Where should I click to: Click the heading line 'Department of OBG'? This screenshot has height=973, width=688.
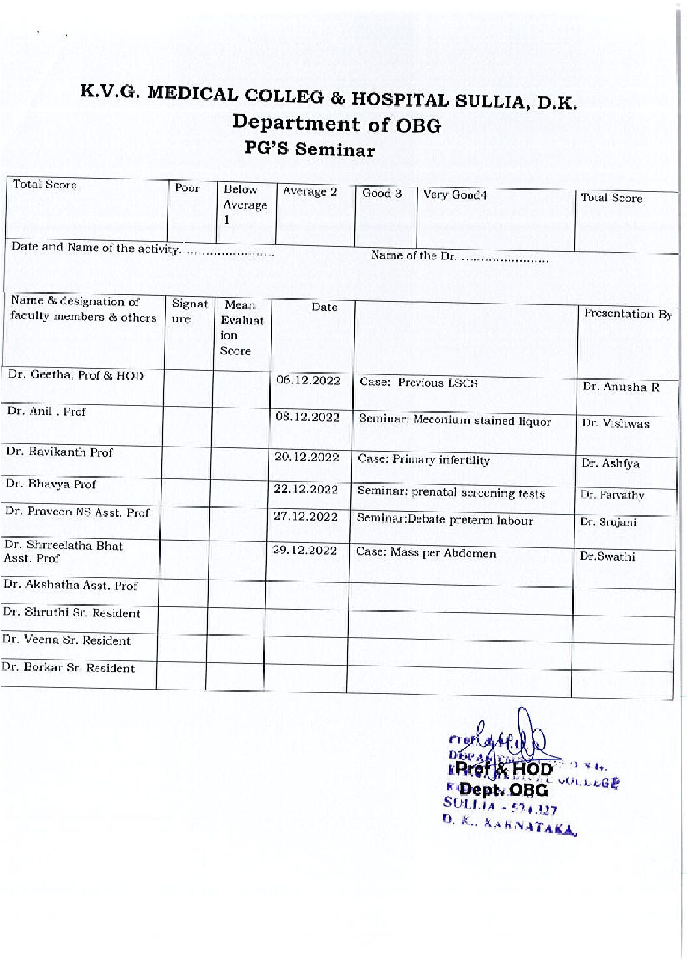click(336, 123)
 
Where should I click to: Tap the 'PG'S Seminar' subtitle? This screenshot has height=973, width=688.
click(310, 149)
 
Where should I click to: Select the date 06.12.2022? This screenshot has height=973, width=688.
click(308, 380)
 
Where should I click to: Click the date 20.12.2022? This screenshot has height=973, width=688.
click(307, 457)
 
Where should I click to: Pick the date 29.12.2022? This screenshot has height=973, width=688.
click(305, 551)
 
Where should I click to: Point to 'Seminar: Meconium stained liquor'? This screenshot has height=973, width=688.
click(455, 421)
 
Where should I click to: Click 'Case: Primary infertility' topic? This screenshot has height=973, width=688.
click(424, 460)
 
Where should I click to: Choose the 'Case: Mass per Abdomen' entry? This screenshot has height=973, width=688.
click(426, 553)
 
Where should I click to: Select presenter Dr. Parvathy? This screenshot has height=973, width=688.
click(612, 495)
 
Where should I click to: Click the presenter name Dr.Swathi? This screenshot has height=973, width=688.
click(607, 556)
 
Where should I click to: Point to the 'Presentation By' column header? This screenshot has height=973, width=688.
click(628, 314)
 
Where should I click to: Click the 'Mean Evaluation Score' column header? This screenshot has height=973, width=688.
click(241, 328)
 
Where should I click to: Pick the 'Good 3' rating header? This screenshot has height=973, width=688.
click(382, 193)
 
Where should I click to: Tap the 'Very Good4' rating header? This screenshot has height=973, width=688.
click(455, 194)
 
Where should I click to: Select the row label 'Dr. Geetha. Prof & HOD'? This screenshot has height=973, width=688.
click(75, 375)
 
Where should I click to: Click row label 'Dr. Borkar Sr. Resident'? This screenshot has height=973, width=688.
click(68, 668)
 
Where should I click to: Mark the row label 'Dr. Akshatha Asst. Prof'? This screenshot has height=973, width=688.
click(70, 585)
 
